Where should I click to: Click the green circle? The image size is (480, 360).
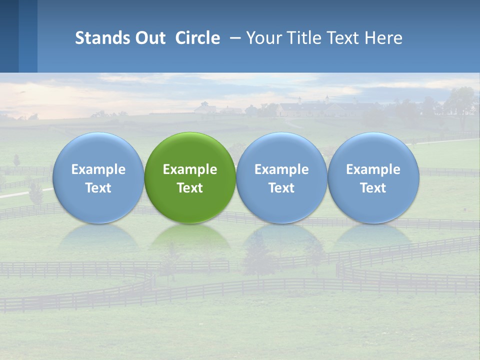tap(190, 177)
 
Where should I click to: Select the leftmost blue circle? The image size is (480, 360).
tap(98, 177)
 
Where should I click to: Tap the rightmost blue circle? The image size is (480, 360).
tap(373, 177)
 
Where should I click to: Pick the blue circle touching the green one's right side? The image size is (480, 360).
tap(281, 177)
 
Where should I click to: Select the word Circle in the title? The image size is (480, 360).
tap(197, 38)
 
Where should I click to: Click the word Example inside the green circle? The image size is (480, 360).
tap(190, 169)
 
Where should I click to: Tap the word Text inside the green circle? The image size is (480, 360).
tap(190, 188)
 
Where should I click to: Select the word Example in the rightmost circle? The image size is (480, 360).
tap(373, 169)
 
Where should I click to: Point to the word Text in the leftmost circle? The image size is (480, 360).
tap(98, 188)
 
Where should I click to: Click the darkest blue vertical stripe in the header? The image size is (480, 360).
tap(9, 36)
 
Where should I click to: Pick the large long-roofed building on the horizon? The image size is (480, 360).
tap(320, 108)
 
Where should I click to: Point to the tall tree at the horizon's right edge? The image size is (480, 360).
tap(461, 102)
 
